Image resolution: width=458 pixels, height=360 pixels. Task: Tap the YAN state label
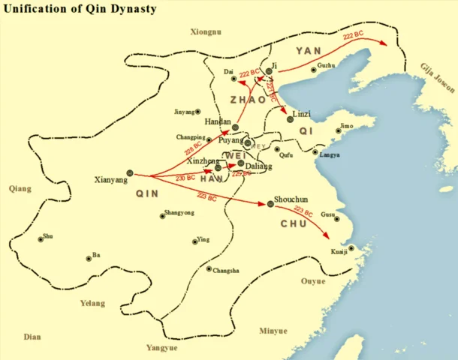(x=308, y=50)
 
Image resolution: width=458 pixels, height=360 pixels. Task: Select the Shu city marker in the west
(x=40, y=240)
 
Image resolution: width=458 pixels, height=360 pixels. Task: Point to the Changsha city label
(x=226, y=271)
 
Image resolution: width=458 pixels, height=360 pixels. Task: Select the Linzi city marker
(x=289, y=118)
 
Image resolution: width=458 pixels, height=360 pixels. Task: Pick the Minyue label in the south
(x=274, y=331)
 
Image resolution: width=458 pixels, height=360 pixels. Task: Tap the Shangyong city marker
(x=162, y=217)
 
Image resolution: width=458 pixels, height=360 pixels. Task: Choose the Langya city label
(x=330, y=155)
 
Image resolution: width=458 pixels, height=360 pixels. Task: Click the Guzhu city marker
(x=312, y=71)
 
